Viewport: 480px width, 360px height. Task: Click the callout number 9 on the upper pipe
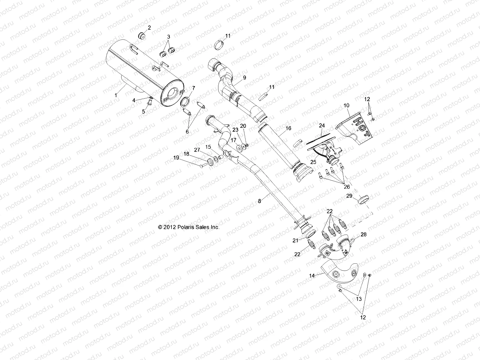point(244,77)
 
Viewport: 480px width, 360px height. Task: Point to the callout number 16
point(288,128)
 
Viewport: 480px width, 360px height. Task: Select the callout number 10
point(346,105)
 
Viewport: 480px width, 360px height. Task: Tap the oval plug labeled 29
point(364,199)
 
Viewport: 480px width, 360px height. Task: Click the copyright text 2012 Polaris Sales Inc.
point(189,227)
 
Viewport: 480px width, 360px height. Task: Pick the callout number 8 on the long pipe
point(259,201)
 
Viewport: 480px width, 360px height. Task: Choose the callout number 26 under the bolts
point(346,187)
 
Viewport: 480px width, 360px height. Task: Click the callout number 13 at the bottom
point(359,299)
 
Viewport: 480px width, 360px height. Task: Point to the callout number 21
point(295,240)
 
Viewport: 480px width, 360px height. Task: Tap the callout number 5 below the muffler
point(143,111)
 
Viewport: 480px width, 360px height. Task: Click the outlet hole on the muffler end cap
point(174,93)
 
